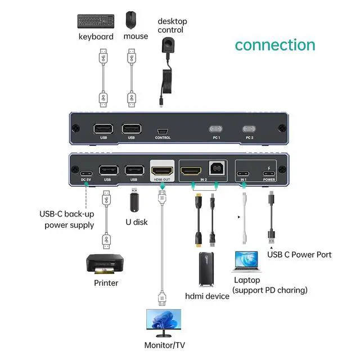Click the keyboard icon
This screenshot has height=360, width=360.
[x=95, y=21]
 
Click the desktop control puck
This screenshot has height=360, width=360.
[x=168, y=45]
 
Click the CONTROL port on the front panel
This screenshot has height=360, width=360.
[x=163, y=129]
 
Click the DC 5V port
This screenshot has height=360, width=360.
[x=86, y=173]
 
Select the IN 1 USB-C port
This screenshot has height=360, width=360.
[x=244, y=173]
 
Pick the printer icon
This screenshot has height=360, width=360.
[x=104, y=265]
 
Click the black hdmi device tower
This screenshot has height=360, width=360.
[x=206, y=268]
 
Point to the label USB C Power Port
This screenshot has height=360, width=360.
[x=300, y=255]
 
